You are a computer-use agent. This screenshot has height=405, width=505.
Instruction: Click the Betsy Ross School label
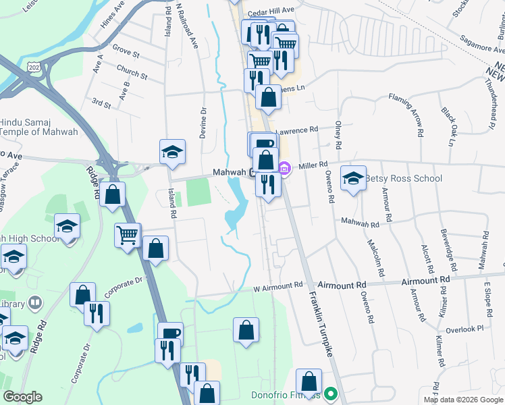click(404, 179)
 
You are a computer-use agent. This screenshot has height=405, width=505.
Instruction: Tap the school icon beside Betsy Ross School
click(353, 178)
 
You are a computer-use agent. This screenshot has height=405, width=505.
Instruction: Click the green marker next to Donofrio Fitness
click(330, 393)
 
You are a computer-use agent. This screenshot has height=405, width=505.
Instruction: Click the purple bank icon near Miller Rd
click(285, 168)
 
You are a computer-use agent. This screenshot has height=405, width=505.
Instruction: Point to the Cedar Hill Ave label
click(271, 11)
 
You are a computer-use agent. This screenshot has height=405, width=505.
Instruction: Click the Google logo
click(22, 397)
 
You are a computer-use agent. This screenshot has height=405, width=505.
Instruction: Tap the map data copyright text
click(463, 400)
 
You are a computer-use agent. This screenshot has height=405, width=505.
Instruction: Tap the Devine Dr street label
click(203, 123)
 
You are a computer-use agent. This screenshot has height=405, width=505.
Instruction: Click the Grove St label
click(126, 51)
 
